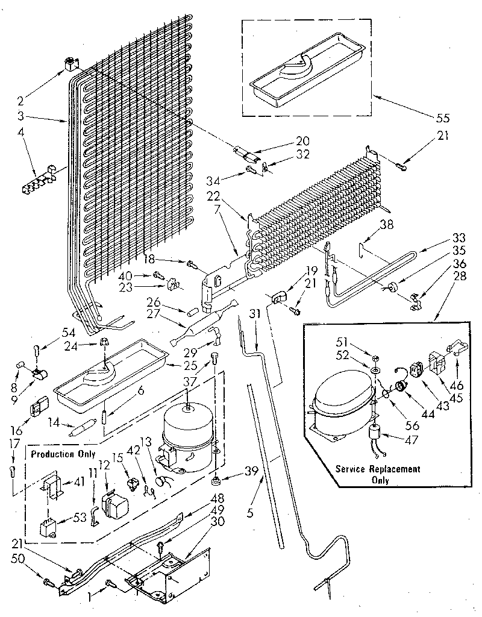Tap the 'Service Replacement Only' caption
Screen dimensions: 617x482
tap(378, 474)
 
